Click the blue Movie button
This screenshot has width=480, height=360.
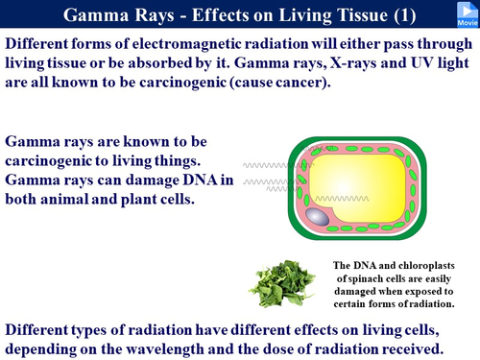(x=463, y=12)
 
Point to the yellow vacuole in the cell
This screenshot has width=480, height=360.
(x=373, y=182)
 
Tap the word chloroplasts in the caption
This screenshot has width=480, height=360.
(x=417, y=266)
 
